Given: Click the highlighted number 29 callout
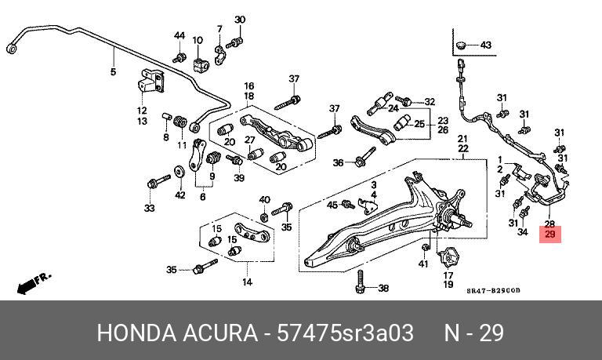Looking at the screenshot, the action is (549, 235).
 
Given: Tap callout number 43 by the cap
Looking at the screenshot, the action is (485, 45).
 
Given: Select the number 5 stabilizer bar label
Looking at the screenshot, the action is (113, 72).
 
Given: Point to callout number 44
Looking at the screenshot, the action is (180, 36).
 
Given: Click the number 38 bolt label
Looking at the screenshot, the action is (383, 289).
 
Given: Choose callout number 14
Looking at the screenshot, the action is (247, 282).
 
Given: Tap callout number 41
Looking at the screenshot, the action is (423, 264).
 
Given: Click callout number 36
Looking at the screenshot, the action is (338, 163).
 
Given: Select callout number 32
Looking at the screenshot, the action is (429, 102).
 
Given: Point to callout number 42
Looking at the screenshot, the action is (180, 195).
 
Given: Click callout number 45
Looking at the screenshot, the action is (332, 205).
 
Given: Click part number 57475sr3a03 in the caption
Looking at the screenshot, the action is (345, 333).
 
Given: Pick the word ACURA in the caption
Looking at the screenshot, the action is (215, 333).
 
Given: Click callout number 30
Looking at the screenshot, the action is (240, 20).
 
